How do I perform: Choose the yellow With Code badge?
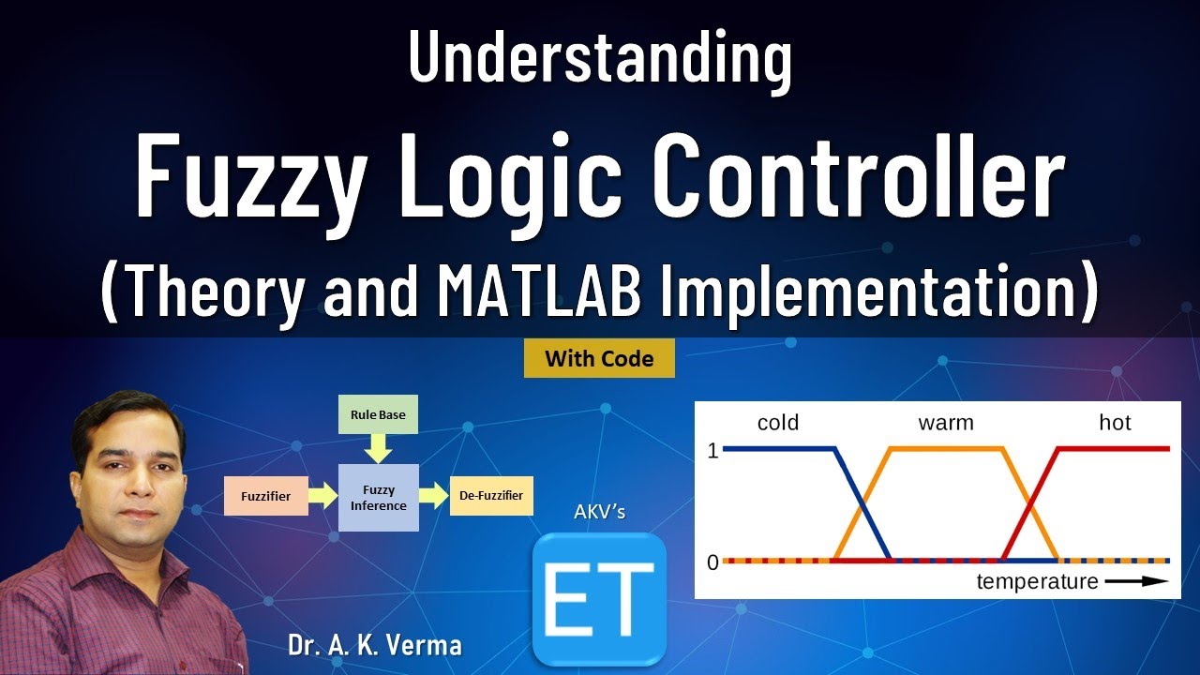click(599, 358)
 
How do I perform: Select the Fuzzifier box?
click(265, 495)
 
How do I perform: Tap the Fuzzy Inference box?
click(378, 498)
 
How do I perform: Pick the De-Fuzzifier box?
click(491, 495)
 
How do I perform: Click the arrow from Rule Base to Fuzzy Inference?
click(378, 451)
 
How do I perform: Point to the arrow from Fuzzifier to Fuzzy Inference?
click(322, 495)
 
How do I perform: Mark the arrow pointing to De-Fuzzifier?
click(433, 495)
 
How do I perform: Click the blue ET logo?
click(599, 598)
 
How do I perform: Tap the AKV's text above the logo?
click(599, 513)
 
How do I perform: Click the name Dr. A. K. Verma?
click(375, 646)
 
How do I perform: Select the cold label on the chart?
click(777, 423)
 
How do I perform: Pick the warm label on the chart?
click(945, 423)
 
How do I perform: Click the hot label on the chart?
click(1115, 423)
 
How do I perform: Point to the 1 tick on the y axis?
click(712, 450)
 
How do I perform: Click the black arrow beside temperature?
click(1137, 581)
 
